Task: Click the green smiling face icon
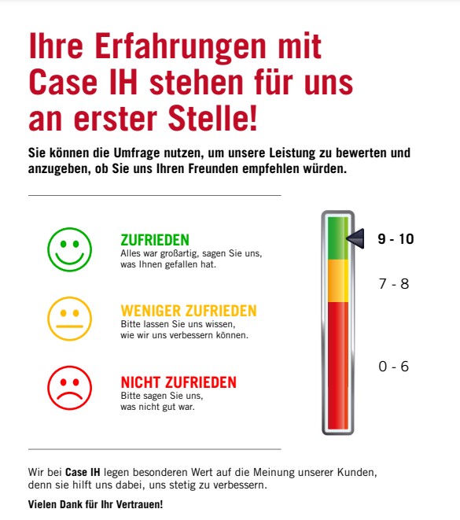70,249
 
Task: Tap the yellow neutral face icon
70,319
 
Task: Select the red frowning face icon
70,388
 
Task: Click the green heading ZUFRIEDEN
155,240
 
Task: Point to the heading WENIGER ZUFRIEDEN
189,311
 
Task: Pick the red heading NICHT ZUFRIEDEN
178,382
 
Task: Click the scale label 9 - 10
396,239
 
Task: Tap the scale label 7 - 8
394,284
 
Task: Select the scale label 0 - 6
393,367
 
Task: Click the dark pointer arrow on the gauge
355,238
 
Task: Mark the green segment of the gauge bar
337,238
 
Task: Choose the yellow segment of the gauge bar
337,281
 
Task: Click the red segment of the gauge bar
337,366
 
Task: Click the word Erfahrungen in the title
180,46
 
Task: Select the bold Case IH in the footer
83,472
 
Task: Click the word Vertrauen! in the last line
143,504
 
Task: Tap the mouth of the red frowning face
70,396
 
